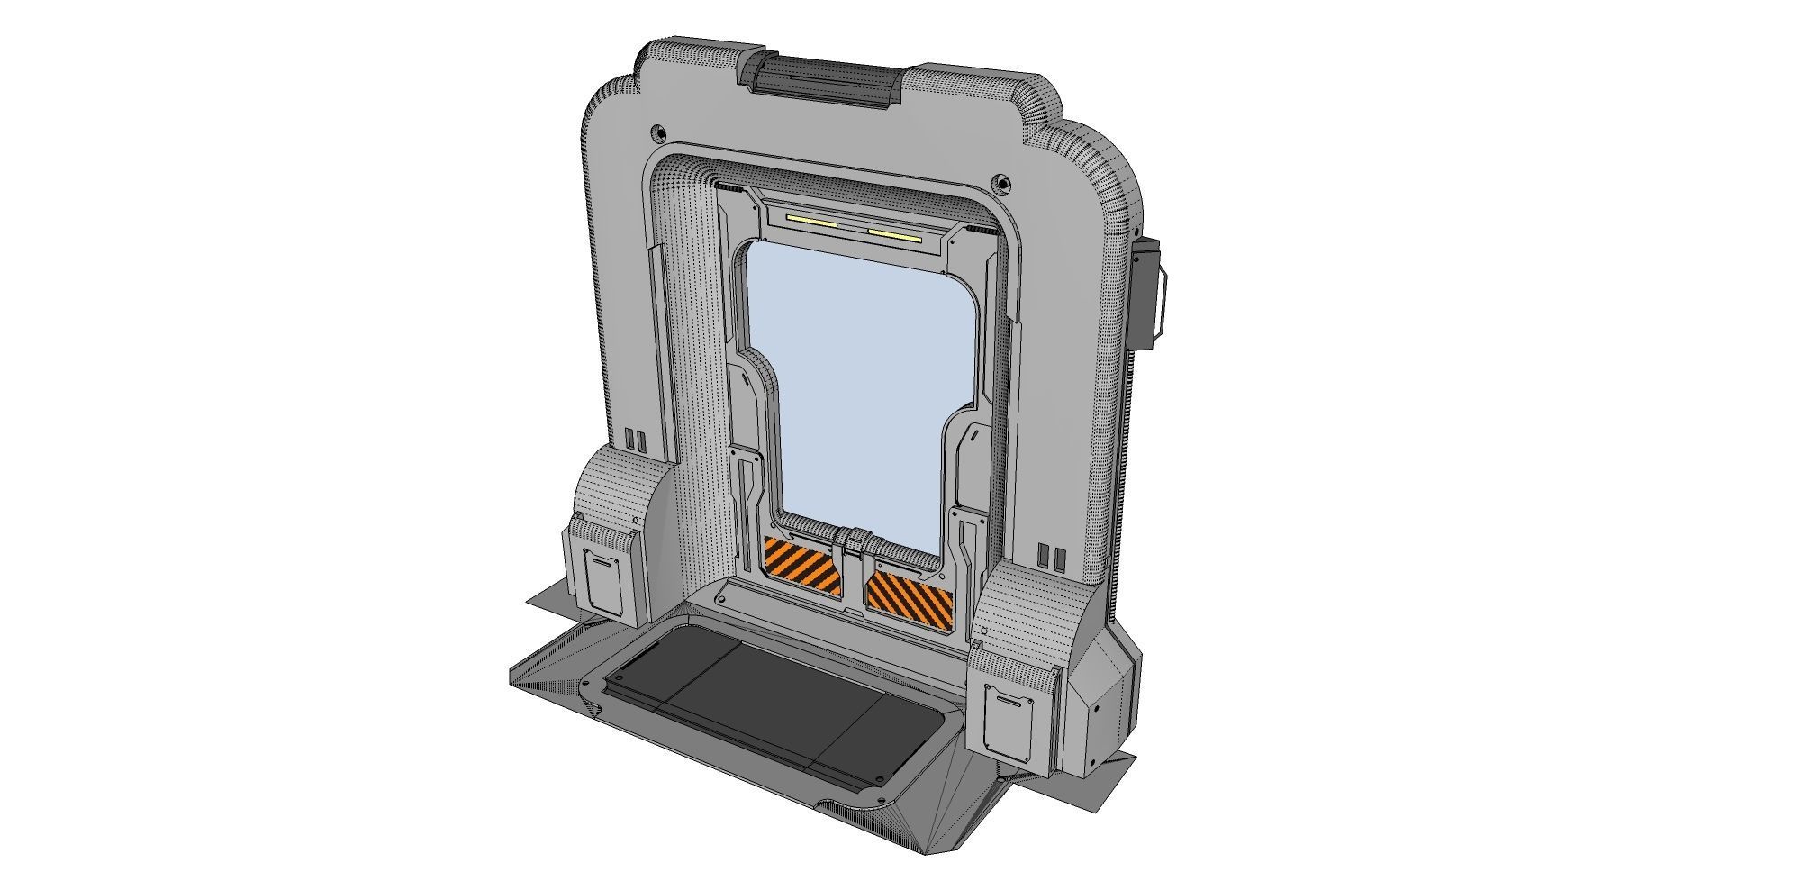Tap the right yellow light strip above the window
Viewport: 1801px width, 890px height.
[x=894, y=236]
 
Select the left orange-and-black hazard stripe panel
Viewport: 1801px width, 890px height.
[x=800, y=566]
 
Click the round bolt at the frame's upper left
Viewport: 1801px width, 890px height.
[x=659, y=133]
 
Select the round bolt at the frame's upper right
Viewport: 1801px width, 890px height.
[x=1002, y=183]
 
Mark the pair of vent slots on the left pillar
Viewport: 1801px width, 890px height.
[x=636, y=440]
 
